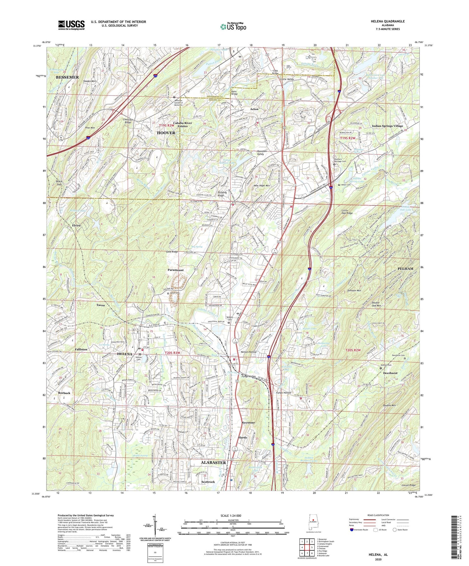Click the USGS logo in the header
[71, 25]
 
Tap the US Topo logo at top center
[233, 27]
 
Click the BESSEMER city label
[67, 77]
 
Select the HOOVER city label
[166, 133]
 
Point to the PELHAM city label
[405, 268]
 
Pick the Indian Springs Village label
[387, 126]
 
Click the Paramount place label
[175, 270]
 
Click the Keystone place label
[248, 422]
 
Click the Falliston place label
[81, 349]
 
